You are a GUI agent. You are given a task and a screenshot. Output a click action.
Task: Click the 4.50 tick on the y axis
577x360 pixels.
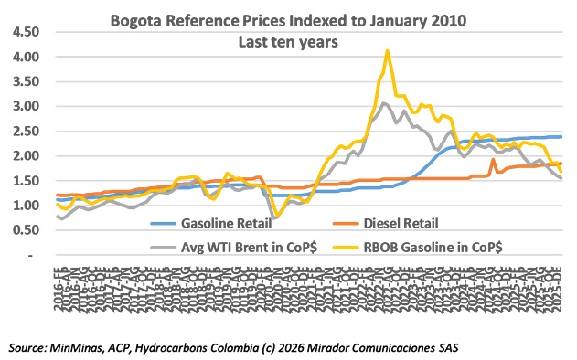pyautogui.click(x=25, y=32)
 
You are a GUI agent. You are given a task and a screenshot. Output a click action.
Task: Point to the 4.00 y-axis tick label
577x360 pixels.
pyautogui.click(x=25, y=57)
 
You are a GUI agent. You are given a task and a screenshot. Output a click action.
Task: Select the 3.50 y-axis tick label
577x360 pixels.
pyautogui.click(x=25, y=81)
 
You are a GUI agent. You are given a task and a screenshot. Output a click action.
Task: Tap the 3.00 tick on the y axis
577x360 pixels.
pyautogui.click(x=25, y=106)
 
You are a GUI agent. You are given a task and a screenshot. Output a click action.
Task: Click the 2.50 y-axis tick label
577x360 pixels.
pyautogui.click(x=25, y=131)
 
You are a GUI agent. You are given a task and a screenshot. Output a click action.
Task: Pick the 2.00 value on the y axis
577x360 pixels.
pyautogui.click(x=25, y=156)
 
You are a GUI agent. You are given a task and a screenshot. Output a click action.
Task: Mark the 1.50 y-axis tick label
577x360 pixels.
pyautogui.click(x=25, y=181)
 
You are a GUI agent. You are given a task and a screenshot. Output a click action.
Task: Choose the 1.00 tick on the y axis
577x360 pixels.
pyautogui.click(x=25, y=206)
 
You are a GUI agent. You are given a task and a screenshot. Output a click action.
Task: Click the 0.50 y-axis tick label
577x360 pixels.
pyautogui.click(x=25, y=230)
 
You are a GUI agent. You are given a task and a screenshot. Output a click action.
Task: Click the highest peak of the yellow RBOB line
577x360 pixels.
pyautogui.click(x=388, y=51)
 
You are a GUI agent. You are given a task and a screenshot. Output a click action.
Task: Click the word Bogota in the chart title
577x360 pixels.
pyautogui.click(x=137, y=18)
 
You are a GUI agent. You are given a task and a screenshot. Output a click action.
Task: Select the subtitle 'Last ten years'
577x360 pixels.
pyautogui.click(x=285, y=40)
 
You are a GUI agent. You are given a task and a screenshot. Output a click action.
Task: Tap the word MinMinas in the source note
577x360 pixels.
pyautogui.click(x=89, y=347)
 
